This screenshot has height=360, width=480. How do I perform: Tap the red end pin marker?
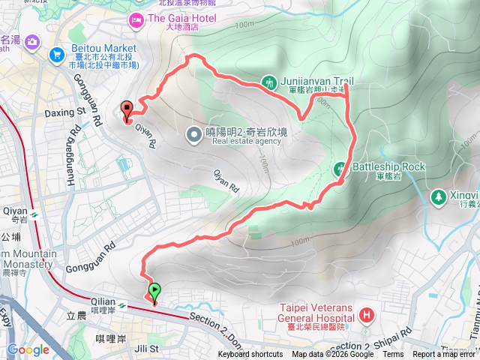(x=127, y=109)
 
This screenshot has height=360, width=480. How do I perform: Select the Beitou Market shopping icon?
(x=57, y=54)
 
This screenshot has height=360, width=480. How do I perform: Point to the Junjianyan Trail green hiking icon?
(x=269, y=81)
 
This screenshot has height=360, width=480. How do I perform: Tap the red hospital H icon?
(x=367, y=314)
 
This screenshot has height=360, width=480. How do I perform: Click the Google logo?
(x=28, y=349)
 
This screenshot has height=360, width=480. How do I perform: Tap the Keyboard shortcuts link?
(x=250, y=355)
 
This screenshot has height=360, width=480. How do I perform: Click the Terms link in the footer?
(x=393, y=355)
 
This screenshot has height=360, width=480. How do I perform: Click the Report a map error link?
(x=446, y=355)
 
